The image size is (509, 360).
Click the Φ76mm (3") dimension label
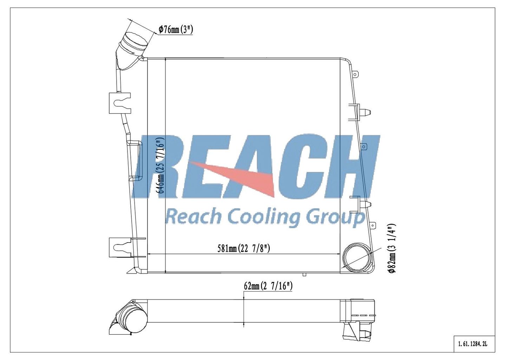[x=176, y=29]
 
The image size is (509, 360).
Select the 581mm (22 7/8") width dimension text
[x=243, y=248]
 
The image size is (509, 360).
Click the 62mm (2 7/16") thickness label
[x=268, y=286]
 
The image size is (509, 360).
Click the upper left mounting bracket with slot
[x=120, y=103]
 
